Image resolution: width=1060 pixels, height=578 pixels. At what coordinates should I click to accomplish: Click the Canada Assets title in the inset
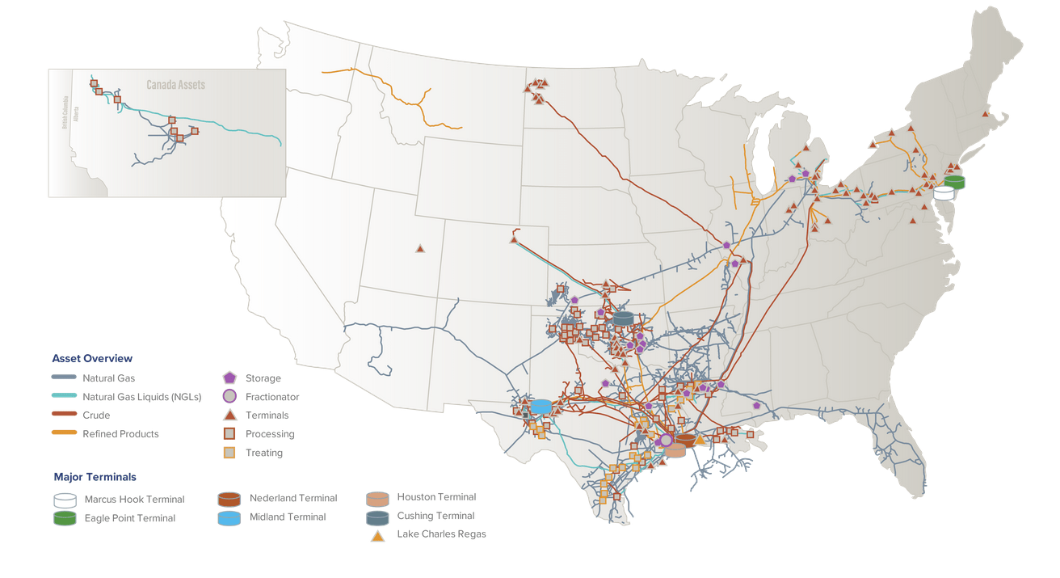175,85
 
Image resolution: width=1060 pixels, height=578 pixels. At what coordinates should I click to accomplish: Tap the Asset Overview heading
92,358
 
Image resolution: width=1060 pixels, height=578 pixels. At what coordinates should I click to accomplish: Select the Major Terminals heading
95,477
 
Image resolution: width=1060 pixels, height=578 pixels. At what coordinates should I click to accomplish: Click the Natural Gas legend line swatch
64,378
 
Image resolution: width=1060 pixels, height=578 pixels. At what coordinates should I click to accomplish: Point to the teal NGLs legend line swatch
64,396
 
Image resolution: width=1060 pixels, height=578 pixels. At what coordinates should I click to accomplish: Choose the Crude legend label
96,415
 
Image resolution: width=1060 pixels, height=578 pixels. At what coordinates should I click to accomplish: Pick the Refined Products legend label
120,434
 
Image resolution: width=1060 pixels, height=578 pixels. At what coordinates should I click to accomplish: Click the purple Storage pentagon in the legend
229,378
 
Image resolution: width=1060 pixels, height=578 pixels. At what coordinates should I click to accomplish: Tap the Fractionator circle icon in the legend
229,396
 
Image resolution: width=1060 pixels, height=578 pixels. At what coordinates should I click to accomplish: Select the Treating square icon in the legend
229,453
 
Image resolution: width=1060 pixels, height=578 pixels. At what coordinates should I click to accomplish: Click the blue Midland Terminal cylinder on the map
541,406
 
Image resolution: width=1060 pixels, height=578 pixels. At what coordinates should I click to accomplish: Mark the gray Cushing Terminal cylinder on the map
623,319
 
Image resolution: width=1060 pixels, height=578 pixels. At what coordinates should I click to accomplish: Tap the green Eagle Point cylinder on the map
954,182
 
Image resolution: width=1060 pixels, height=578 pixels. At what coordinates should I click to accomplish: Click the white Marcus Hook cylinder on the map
944,193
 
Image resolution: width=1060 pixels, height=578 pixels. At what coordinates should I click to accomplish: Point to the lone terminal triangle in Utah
420,248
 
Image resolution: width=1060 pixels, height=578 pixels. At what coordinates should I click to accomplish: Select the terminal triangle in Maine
985,114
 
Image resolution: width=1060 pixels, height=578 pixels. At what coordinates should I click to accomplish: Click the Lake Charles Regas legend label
441,534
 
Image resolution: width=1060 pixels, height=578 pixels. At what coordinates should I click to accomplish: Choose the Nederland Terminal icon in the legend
229,499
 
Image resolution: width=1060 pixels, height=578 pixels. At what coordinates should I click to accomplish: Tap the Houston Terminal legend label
436,497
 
